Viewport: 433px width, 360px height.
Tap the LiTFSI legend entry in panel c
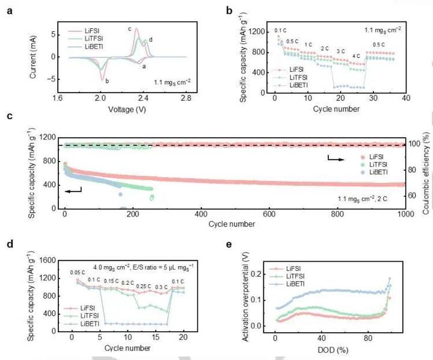pos(388,172)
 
